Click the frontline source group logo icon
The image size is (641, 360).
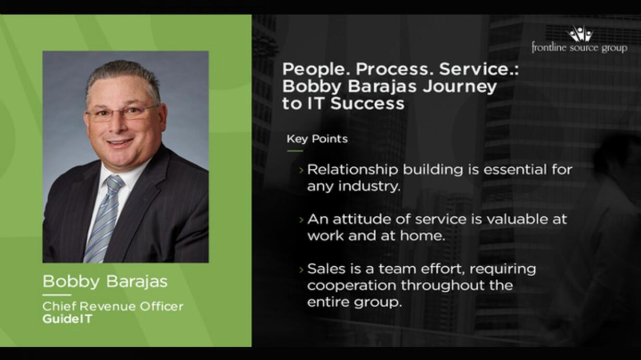point(580,33)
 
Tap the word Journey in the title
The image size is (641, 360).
point(460,86)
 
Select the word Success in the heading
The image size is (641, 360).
point(367,103)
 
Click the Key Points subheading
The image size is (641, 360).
point(317,139)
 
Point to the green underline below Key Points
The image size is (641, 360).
point(295,151)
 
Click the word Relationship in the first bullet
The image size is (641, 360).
point(352,170)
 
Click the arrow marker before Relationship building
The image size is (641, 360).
point(301,170)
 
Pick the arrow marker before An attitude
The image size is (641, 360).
point(301,220)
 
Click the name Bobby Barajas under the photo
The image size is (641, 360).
point(105,281)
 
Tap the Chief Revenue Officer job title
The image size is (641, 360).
point(113,306)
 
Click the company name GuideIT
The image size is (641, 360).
point(67,319)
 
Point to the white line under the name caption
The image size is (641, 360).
point(57,295)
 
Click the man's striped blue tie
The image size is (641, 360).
point(105,217)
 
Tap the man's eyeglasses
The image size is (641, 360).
point(121,114)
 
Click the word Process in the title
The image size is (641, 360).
point(392,69)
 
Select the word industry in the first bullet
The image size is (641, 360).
point(369,187)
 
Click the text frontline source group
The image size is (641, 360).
point(580,47)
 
